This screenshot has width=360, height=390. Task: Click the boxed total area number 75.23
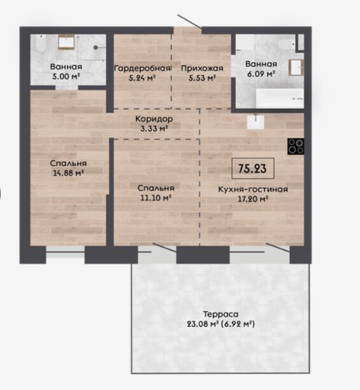[x=252, y=168]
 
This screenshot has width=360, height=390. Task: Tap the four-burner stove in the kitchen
[x=296, y=147]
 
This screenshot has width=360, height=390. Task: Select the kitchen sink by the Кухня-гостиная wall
[x=256, y=122]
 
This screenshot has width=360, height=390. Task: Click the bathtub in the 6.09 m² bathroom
[x=280, y=99]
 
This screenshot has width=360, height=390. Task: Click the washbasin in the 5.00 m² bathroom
[x=66, y=42]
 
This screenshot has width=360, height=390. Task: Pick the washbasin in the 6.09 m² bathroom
[x=296, y=68]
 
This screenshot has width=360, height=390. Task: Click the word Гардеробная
[x=142, y=68]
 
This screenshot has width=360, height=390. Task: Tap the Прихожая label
[x=202, y=68]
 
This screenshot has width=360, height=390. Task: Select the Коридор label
[x=154, y=119]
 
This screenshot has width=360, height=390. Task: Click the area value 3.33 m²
[x=154, y=129]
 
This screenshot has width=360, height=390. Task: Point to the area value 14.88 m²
[x=68, y=173]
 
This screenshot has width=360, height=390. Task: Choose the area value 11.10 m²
[x=156, y=198]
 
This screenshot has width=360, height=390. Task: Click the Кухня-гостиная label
[x=253, y=189]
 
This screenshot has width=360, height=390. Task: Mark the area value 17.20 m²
[x=253, y=199]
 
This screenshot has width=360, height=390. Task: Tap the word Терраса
[x=220, y=314]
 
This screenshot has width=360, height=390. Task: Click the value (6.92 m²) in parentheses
[x=238, y=324]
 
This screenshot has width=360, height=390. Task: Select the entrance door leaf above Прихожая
[x=189, y=21]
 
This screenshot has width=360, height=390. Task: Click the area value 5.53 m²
[x=202, y=78]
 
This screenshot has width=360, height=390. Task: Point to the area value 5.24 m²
[x=142, y=78]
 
